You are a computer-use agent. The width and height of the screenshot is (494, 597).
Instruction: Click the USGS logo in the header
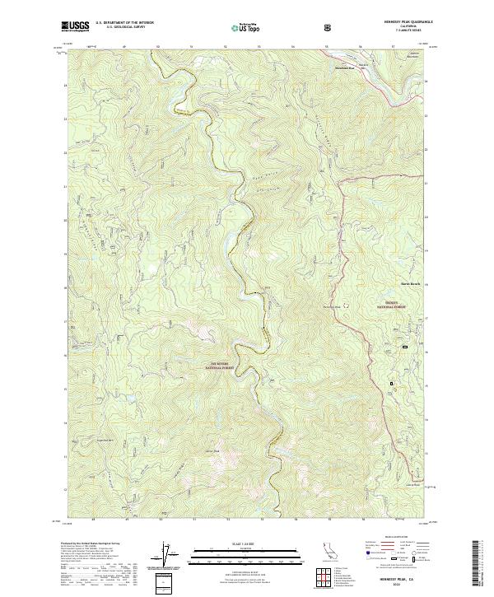click(x=75, y=26)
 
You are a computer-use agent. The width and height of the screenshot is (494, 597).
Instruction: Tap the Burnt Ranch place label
click(x=410, y=286)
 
